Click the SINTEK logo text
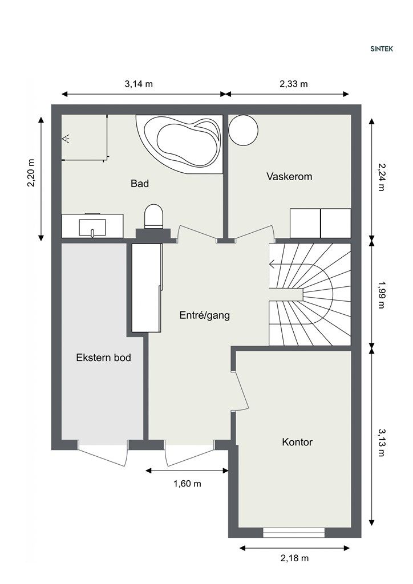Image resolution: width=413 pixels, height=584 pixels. click(x=382, y=49)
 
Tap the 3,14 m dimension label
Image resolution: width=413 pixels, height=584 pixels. click(x=139, y=84)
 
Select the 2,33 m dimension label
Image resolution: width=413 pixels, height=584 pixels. click(x=293, y=84)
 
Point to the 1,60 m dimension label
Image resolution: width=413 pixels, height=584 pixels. click(x=187, y=484)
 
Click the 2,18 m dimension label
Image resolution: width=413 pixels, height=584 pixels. click(x=294, y=558)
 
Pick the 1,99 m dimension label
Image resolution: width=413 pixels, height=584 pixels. click(x=380, y=295)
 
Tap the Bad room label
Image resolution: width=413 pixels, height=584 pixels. click(x=140, y=183)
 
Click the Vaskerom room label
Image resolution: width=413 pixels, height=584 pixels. click(x=289, y=176)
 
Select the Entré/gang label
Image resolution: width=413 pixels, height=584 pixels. click(x=204, y=315)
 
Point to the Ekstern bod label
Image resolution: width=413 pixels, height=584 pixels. click(x=103, y=358)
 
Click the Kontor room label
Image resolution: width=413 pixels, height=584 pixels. click(x=297, y=442)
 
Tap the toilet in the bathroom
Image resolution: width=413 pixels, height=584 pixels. click(x=154, y=216)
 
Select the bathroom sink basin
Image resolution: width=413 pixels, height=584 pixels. click(x=92, y=227)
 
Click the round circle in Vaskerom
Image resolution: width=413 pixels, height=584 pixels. click(x=243, y=131)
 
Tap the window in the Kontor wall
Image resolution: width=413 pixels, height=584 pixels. click(x=294, y=533)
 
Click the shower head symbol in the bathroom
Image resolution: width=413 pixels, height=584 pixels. click(x=67, y=139)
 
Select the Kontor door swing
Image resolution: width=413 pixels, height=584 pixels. click(x=240, y=391)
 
